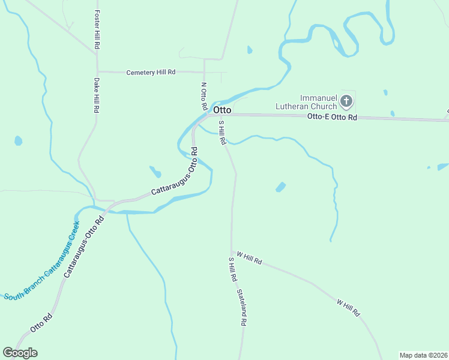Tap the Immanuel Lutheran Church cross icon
pos(346,100)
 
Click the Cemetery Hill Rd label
pos(151,72)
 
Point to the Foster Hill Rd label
pos(97,29)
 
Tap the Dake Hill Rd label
pos(96,95)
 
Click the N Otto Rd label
pos(204,96)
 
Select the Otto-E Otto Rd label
pos(332,118)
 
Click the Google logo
pos(20,353)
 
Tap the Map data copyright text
pos(423,355)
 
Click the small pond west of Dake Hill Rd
pos(19,141)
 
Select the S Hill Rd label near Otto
pos(221,133)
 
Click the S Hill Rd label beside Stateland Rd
pos(232,271)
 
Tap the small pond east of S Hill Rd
pos(280,187)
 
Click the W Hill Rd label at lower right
pos(348,308)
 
